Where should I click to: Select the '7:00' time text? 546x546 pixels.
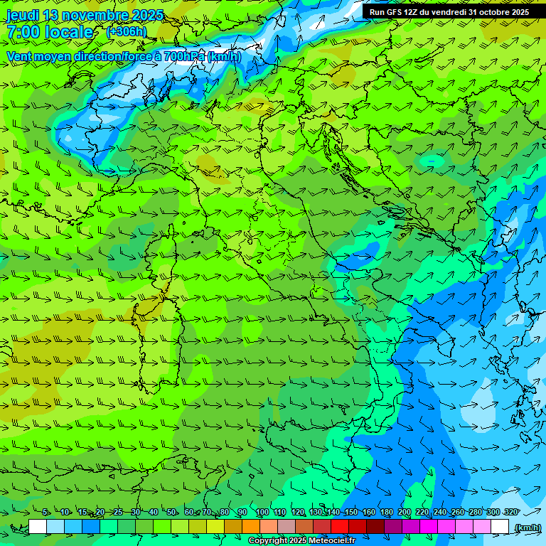[22, 32]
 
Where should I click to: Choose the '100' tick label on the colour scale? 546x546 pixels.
[262, 513]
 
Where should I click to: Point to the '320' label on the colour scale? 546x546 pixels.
[510, 513]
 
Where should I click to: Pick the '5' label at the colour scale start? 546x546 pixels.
[45, 513]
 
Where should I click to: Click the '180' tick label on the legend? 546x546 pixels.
[386, 513]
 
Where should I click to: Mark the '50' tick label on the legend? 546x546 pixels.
[171, 513]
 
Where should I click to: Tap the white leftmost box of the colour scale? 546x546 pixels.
[38, 527]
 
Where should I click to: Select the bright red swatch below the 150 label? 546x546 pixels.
[340, 527]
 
